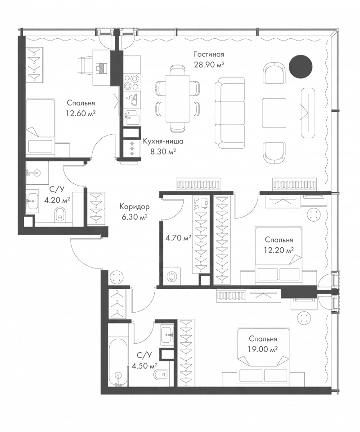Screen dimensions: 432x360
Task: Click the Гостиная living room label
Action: [x=209, y=55]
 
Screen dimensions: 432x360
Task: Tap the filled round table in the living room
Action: [x=300, y=66]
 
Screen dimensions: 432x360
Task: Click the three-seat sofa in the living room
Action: [x=229, y=113]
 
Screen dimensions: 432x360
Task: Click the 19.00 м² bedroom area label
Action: [x=261, y=348]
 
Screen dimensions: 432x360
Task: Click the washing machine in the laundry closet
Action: [x=171, y=276]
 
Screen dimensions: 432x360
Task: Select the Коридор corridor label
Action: [x=134, y=207]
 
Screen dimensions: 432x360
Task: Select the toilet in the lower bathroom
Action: [x=162, y=374]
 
